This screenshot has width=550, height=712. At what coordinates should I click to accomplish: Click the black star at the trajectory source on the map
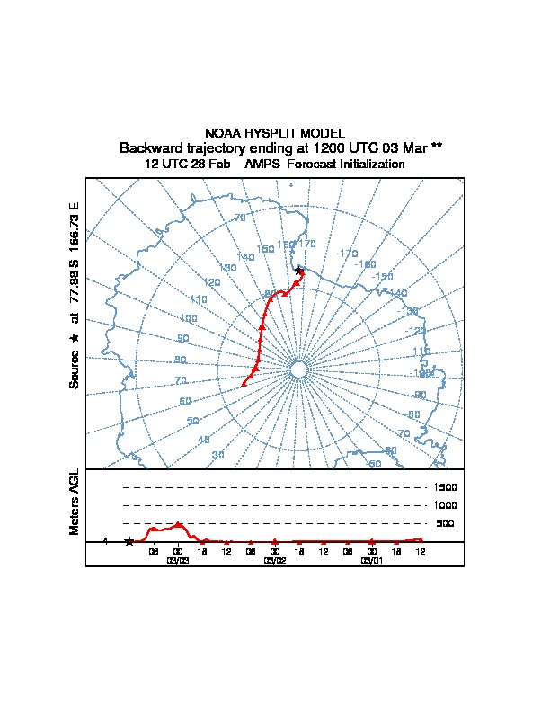coord(299,271)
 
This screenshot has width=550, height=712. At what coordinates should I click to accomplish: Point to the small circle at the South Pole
coord(298,369)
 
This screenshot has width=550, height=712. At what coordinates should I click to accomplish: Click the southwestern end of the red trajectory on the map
coord(243,384)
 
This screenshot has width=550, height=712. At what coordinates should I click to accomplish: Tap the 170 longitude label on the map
coord(307,244)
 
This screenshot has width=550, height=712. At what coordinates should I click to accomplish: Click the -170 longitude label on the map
coord(347,254)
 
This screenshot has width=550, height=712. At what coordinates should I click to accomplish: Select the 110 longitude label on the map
coord(199,299)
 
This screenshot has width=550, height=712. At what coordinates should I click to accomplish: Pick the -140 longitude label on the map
coord(396,293)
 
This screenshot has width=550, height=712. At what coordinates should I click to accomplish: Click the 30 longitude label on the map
coord(217,456)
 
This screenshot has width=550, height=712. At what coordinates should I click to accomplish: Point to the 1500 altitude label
coord(446,487)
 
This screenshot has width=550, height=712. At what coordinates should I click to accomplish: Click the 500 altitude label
coord(446,523)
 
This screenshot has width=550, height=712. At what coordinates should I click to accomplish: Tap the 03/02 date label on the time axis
coord(274,560)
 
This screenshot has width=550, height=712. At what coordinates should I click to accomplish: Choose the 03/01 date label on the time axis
coord(371,560)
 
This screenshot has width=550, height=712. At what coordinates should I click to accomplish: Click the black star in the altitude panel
coord(129,541)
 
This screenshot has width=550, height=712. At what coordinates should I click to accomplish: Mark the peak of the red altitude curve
coord(178,524)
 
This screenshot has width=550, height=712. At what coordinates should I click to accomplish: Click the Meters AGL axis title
coord(75,502)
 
